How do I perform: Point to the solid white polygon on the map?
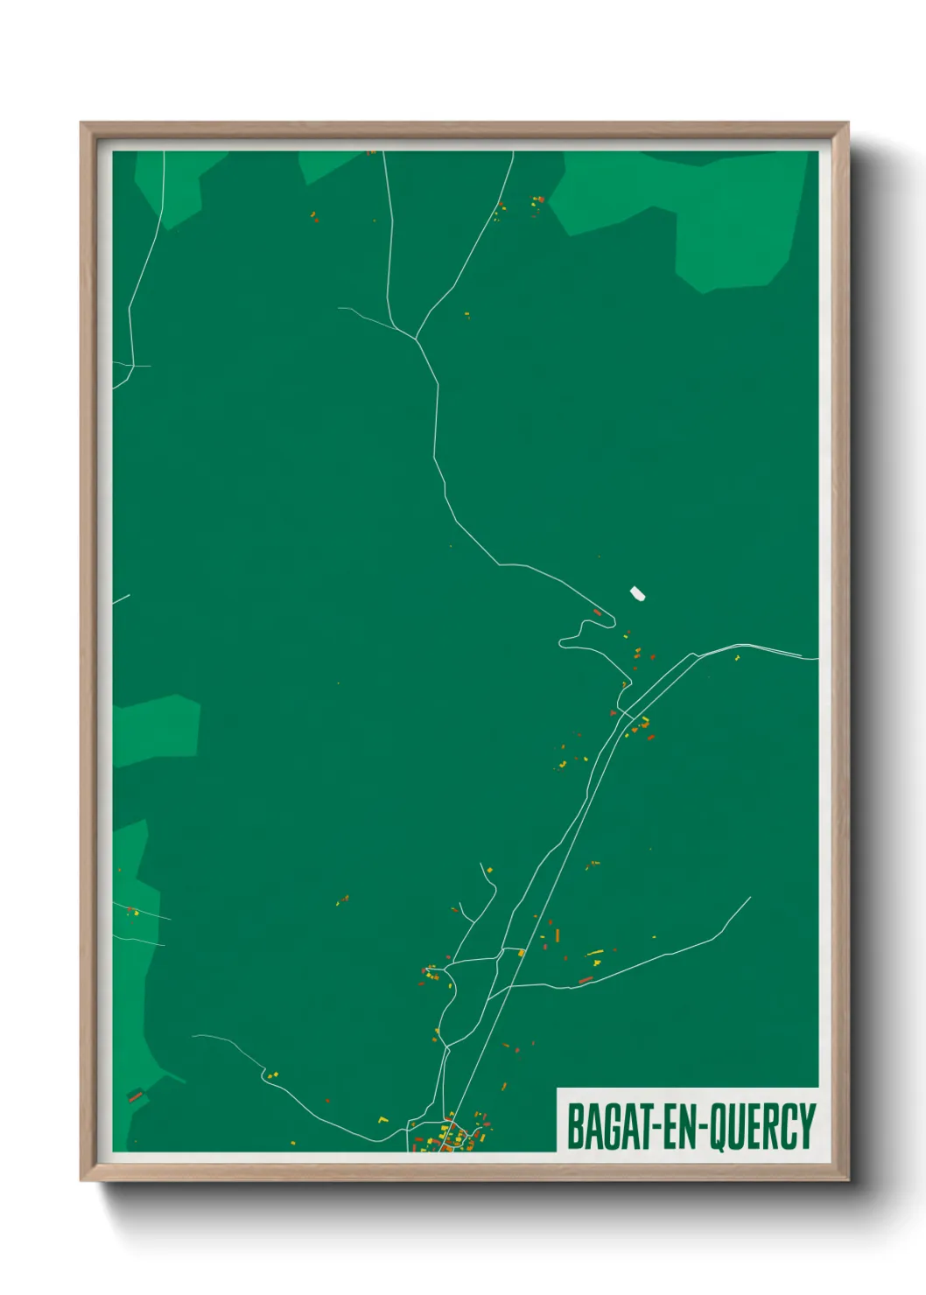click(638, 594)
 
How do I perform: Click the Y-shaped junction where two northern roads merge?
click(415, 338)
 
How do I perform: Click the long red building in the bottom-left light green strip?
click(135, 1095)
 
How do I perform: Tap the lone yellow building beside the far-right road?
click(737, 656)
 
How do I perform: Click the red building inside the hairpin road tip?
click(598, 612)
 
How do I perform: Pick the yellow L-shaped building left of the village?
click(382, 1119)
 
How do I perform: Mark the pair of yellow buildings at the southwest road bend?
click(271, 1074)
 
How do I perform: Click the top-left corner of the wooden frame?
click(82, 124)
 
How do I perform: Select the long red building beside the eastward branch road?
click(586, 980)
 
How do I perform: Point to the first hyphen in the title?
click(653, 1127)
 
